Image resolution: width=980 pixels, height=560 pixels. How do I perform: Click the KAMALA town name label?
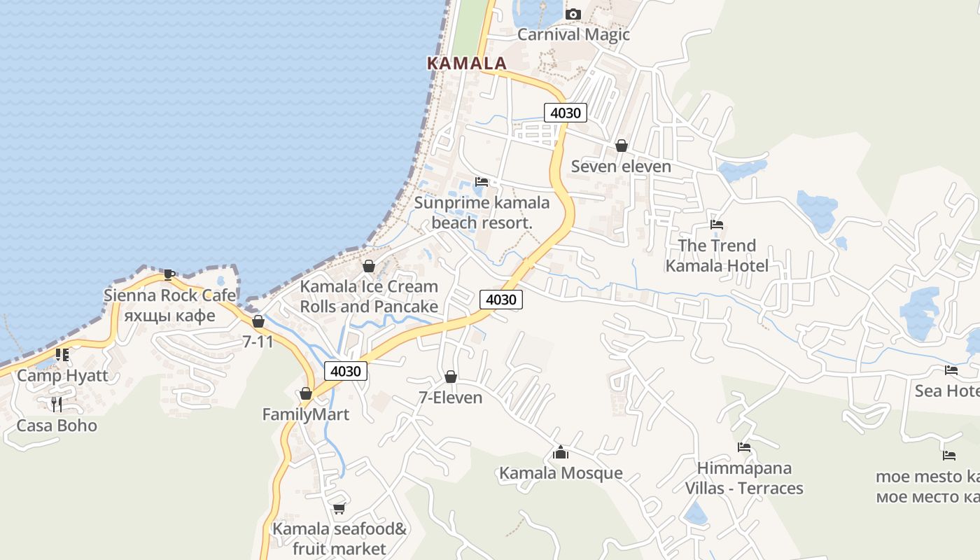pyautogui.click(x=466, y=63)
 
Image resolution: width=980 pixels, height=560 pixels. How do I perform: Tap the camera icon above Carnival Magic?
pyautogui.click(x=573, y=14)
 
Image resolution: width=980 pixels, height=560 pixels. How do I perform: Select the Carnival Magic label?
pyautogui.click(x=573, y=34)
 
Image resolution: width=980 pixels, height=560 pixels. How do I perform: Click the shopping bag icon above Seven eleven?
pyautogui.click(x=621, y=146)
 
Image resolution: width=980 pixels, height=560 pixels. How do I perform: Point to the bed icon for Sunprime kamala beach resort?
pyautogui.click(x=482, y=182)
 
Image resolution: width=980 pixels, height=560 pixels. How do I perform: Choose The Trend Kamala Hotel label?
pyautogui.click(x=717, y=255)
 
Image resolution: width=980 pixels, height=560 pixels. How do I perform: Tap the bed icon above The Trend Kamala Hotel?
pyautogui.click(x=717, y=225)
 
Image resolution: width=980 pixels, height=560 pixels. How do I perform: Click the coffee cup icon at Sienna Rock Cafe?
pyautogui.click(x=168, y=274)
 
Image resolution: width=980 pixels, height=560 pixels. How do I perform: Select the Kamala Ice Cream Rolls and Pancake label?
pyautogui.click(x=369, y=296)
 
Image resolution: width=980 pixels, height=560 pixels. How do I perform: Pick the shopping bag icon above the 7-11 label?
pyautogui.click(x=258, y=321)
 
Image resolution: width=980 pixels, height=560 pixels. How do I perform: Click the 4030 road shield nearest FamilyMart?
pyautogui.click(x=346, y=371)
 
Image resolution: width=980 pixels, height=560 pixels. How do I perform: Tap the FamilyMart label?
pyautogui.click(x=305, y=414)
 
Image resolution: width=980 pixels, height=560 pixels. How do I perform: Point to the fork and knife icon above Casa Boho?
pyautogui.click(x=57, y=404)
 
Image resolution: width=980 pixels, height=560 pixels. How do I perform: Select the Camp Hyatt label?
pyautogui.click(x=63, y=375)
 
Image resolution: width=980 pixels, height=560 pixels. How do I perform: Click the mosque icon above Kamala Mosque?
pyautogui.click(x=560, y=453)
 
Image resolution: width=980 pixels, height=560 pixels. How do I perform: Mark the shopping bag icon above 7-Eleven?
pyautogui.click(x=451, y=377)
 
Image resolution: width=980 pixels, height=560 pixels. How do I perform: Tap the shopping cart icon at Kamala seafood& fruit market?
pyautogui.click(x=339, y=508)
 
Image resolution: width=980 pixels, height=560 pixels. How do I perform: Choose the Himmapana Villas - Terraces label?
pyautogui.click(x=744, y=478)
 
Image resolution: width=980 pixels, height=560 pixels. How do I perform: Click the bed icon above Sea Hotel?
pyautogui.click(x=951, y=370)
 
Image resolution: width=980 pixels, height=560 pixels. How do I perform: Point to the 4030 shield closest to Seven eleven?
pyautogui.click(x=565, y=112)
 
